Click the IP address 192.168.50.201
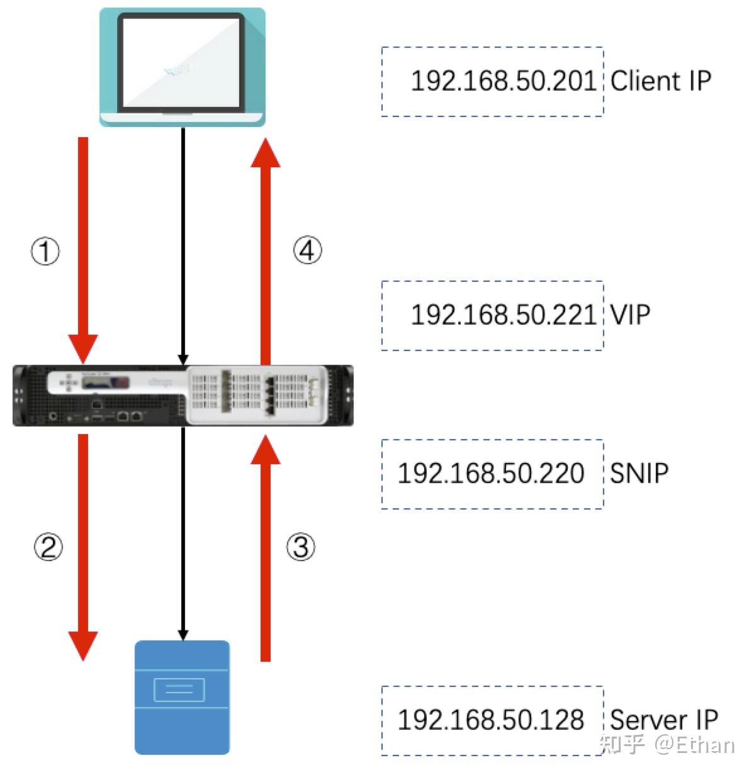502,81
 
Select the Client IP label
660,81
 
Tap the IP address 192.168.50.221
502,315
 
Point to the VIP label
630,315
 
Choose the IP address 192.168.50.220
491,474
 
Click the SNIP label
639,474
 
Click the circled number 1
45,252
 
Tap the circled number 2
48,547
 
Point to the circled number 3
301,547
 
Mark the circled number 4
307,251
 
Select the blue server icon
182,696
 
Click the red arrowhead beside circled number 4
266,154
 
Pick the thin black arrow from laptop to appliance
183,245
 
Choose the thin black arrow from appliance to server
183,535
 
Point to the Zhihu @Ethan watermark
667,745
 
